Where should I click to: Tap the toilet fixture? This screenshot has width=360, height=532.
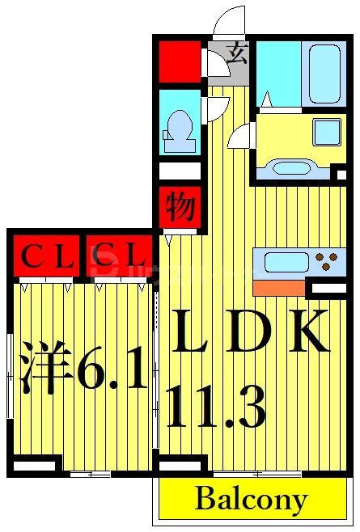click(x=179, y=129)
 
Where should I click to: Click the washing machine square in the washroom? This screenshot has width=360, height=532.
click(x=328, y=132)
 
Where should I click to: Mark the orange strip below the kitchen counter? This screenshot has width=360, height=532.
click(x=278, y=287)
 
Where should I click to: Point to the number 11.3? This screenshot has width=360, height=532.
click(x=216, y=408)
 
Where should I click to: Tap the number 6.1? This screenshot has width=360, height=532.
click(x=113, y=372)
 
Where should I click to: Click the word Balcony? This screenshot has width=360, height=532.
click(x=251, y=500)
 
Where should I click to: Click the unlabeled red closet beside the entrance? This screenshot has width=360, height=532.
click(x=180, y=60)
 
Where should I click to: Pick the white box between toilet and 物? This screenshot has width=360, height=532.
click(x=180, y=171)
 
